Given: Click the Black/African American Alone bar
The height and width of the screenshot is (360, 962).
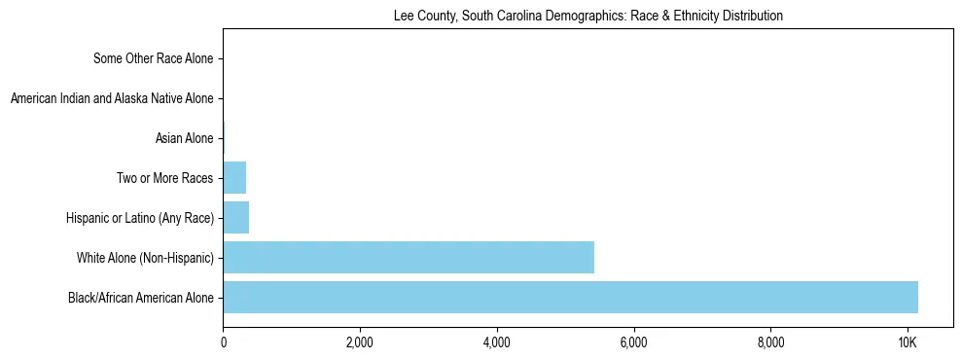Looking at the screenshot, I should pos(570,297).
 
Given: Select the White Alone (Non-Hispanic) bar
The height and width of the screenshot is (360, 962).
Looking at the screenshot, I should pos(409,257).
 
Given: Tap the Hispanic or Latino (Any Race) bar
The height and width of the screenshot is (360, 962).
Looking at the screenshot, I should pos(236,218).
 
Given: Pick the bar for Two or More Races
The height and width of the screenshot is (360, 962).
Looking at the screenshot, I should pos(234,178).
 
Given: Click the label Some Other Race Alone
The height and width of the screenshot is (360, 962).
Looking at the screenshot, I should pos(153,58).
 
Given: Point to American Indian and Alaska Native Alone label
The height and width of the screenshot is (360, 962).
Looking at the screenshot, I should pos(111,98).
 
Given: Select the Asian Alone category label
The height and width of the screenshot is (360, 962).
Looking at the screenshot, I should pos(184,138).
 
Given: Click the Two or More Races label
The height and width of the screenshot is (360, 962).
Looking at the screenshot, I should pos(161,178).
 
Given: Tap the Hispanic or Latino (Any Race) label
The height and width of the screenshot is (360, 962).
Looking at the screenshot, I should pos(141,218).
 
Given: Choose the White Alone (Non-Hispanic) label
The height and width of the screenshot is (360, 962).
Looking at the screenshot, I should pos(145,258).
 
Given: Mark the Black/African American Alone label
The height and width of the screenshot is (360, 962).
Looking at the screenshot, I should pos(140,298).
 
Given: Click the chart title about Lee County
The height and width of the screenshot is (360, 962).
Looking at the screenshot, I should pos(588,17).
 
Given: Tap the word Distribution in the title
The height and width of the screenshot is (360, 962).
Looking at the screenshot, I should pos(750,17).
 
